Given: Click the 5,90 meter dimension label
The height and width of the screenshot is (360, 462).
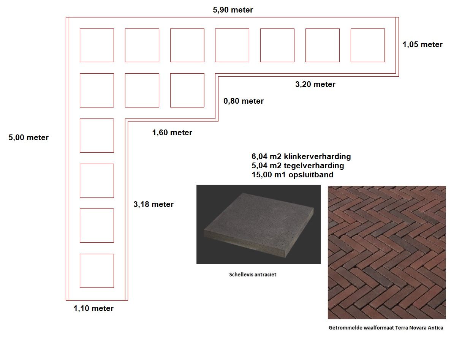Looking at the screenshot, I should tap(233, 10).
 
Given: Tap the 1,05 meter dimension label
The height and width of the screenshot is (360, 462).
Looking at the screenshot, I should tap(422, 44).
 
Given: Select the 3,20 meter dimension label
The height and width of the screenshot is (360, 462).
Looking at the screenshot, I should tap(315, 84).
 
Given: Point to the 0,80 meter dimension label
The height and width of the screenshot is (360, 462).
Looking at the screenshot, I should tap(244, 101).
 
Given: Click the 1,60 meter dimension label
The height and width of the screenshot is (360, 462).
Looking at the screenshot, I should tap(172, 133).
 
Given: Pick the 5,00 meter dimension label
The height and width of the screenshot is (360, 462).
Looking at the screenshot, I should tap(28, 137).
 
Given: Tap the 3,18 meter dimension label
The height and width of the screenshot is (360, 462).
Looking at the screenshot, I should tap(153, 204).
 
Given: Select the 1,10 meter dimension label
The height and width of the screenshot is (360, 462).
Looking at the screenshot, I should tap(93, 308).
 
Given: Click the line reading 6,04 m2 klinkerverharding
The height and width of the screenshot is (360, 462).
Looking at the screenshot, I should tap(301, 156).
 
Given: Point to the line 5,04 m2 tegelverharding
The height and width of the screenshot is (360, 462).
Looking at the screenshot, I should tap(297, 166).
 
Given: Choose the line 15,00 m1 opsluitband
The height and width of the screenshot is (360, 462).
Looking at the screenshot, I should tap(292, 175).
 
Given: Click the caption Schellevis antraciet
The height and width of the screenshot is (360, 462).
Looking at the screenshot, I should tap(253, 274).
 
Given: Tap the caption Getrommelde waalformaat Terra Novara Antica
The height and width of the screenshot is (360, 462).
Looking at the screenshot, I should tap(386, 328).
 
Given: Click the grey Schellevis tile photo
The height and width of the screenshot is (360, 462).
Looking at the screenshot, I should tap(258, 224).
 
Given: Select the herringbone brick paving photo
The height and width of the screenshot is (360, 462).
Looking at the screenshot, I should tap(387, 252).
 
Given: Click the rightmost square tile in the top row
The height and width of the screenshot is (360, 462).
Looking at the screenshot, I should tap(367, 45).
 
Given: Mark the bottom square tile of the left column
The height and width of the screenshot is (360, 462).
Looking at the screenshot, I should tap(97, 270).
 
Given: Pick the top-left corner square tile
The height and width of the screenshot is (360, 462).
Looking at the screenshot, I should tap(97, 45).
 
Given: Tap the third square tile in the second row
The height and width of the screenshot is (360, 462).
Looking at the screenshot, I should tap(187, 90).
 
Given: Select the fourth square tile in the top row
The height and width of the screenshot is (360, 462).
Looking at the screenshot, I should tap(232, 45).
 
